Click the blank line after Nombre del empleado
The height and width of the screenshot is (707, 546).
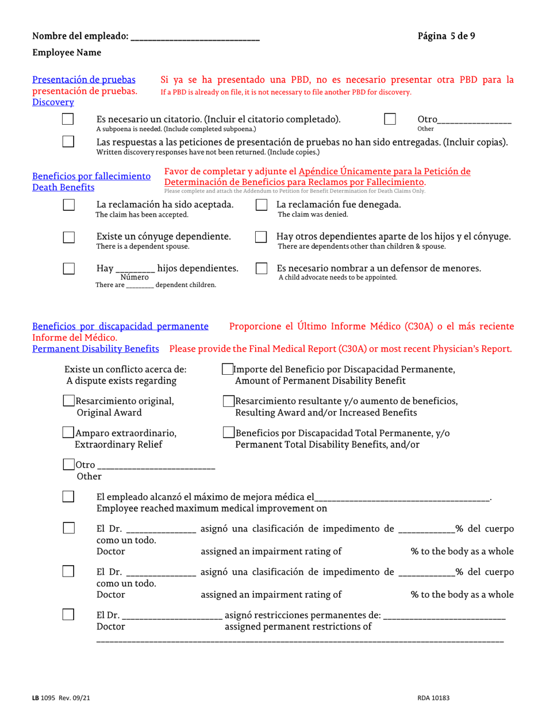(x=195, y=37)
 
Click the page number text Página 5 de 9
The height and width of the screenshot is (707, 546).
(x=446, y=36)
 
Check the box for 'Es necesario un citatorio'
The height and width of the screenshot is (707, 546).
(x=68, y=120)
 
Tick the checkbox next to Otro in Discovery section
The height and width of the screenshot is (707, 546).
(x=390, y=119)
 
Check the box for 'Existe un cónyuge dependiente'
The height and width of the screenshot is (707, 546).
(x=68, y=237)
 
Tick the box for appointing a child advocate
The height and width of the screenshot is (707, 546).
(x=261, y=268)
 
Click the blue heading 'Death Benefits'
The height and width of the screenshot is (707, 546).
(x=63, y=187)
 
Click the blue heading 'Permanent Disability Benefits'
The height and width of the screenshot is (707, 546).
(x=95, y=349)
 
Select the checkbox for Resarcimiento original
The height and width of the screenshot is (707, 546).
(x=68, y=401)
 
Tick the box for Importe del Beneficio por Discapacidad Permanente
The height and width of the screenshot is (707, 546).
(x=228, y=370)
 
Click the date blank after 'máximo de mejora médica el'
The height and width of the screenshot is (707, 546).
(x=402, y=497)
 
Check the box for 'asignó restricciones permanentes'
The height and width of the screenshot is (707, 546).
(x=68, y=615)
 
